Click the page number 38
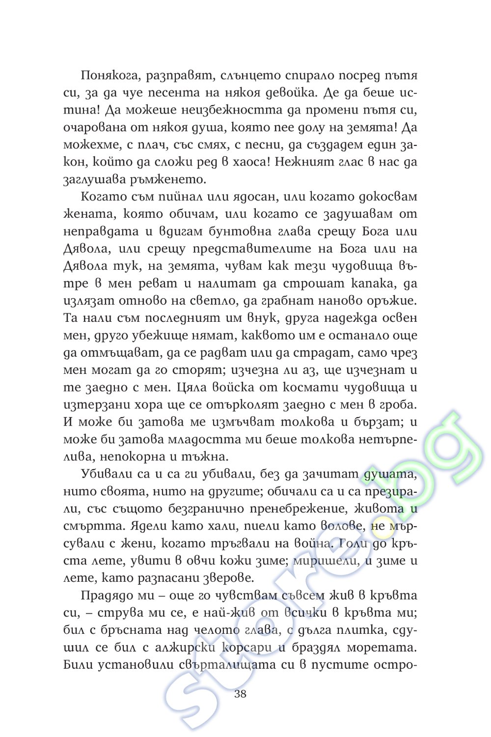(x=240, y=694)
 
